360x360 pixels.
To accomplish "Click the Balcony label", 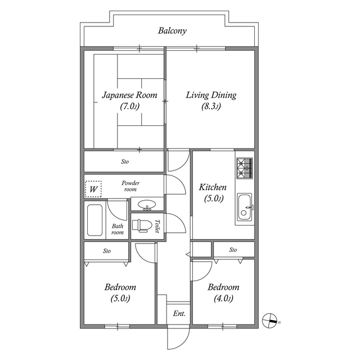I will click(x=172, y=31).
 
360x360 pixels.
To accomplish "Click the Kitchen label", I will click(x=214, y=192).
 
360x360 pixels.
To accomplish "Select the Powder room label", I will click(x=131, y=186).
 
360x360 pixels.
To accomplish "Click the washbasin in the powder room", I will click(x=147, y=205).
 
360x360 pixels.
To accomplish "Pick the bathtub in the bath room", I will click(x=94, y=220).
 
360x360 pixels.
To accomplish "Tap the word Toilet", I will click(x=158, y=226).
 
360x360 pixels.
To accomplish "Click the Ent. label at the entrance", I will click(x=179, y=313).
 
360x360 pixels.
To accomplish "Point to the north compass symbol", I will click(x=271, y=320).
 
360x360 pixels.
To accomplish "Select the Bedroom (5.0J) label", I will click(x=120, y=292).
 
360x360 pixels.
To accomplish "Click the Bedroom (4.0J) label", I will click(x=223, y=292).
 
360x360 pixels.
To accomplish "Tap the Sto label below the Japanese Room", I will click(x=125, y=162).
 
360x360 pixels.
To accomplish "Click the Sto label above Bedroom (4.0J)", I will click(x=233, y=250).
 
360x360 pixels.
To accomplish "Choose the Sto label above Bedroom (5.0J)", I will click(x=106, y=251).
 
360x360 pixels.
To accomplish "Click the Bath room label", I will click(x=116, y=229).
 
